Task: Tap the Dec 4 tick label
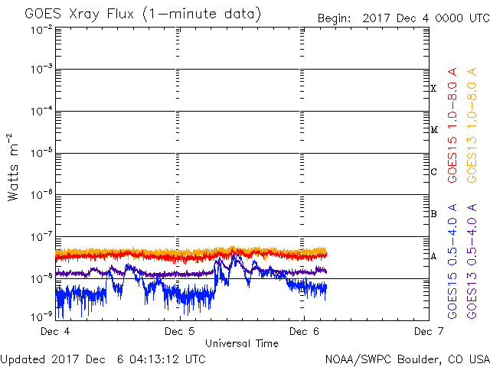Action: pyautogui.click(x=56, y=332)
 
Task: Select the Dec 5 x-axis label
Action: pyautogui.click(x=179, y=332)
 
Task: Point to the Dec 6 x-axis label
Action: pyautogui.click(x=303, y=332)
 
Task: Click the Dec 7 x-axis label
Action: pyautogui.click(x=428, y=332)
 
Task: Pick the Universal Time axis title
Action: pyautogui.click(x=241, y=343)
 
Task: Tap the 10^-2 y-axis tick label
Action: pyautogui.click(x=42, y=30)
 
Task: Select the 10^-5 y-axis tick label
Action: pyautogui.click(x=42, y=153)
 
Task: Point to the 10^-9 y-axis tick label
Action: pyautogui.click(x=42, y=317)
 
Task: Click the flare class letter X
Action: pyautogui.click(x=433, y=89)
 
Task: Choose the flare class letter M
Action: pyautogui.click(x=433, y=130)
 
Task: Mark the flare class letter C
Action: pyautogui.click(x=433, y=171)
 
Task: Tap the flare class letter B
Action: pyautogui.click(x=433, y=214)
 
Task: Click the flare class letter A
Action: pyautogui.click(x=433, y=256)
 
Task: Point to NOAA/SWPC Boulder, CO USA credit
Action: pyautogui.click(x=407, y=359)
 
